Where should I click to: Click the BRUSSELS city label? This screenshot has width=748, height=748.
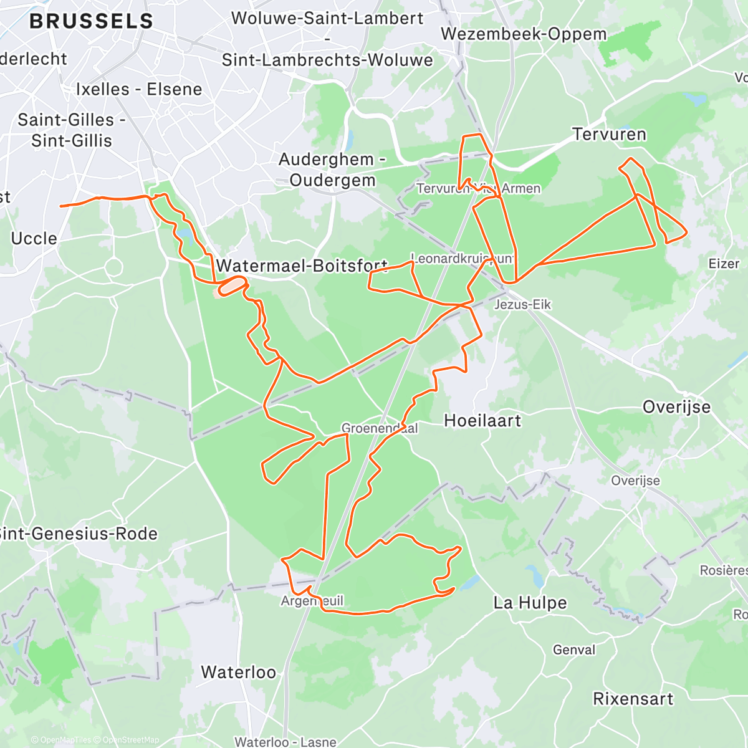91,21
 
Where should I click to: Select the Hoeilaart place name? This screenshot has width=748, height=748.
482,421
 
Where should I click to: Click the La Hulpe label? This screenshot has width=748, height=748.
530,603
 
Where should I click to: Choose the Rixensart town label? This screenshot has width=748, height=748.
633,699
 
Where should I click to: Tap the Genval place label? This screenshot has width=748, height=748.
574,650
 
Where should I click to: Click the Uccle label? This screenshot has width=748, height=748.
34,238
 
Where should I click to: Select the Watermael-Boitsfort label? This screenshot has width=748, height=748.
302,266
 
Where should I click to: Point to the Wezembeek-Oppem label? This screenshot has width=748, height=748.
524,34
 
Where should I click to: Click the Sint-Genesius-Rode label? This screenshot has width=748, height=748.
79,534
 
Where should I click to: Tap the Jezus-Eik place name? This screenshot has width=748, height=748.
522,304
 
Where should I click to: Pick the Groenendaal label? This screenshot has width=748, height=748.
379,428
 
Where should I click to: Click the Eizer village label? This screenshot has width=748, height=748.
724,264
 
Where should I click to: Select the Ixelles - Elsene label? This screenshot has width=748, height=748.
139,89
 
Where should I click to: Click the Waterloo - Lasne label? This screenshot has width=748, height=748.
285,742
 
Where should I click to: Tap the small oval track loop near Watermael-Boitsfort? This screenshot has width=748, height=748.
231,285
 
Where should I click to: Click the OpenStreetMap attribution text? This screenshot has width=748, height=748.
130,740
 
